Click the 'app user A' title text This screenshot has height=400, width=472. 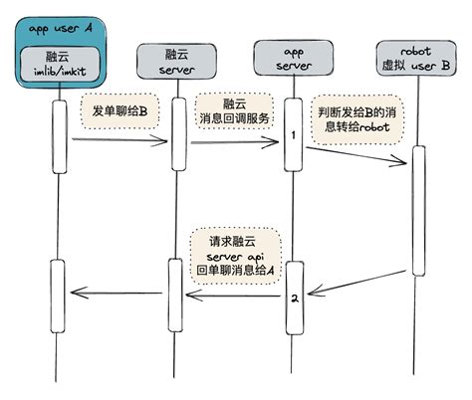click(x=60, y=29)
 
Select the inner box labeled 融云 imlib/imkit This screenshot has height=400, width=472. click(x=60, y=64)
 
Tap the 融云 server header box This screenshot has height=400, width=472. click(x=177, y=62)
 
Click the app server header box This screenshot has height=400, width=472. click(x=294, y=58)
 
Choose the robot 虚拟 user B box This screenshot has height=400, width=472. click(x=416, y=58)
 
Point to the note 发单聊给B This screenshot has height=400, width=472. click(x=119, y=111)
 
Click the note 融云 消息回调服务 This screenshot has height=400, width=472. click(x=234, y=111)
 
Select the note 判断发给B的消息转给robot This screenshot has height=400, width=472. click(x=357, y=119)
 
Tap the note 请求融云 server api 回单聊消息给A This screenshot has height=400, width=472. click(x=235, y=256)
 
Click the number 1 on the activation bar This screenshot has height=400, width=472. click(x=293, y=135)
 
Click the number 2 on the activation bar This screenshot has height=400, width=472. click(x=295, y=299)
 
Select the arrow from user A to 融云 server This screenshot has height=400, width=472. click(x=119, y=140)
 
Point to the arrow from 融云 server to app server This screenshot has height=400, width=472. click(x=235, y=142)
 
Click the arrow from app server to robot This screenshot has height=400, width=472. click(x=356, y=155)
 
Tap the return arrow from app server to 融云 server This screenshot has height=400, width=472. click(x=233, y=296)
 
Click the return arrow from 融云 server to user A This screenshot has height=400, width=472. click(x=117, y=293)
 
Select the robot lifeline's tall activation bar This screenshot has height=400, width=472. click(x=419, y=211)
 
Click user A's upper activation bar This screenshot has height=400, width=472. click(x=60, y=136)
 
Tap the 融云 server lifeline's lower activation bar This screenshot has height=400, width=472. click(x=175, y=296)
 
